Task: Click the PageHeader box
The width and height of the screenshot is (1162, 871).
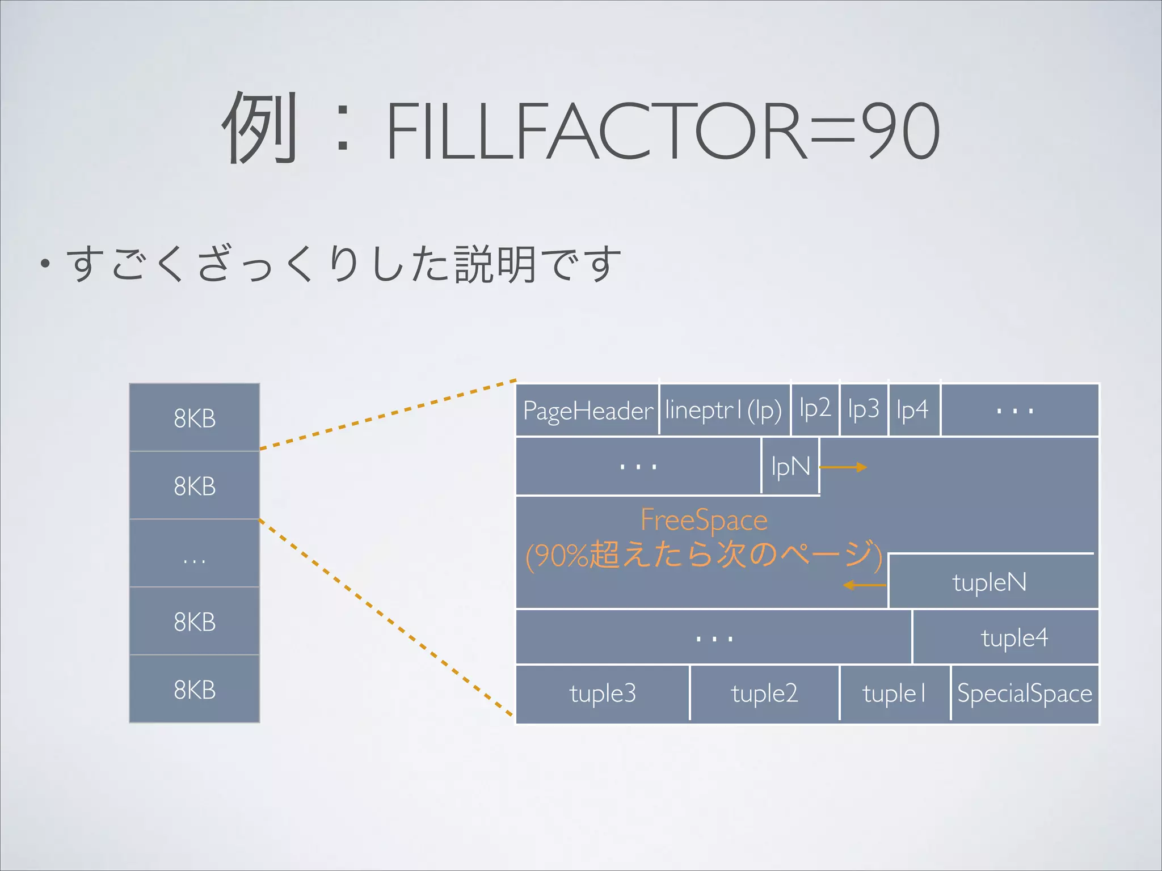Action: (587, 410)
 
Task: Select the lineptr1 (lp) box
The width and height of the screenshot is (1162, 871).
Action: (725, 410)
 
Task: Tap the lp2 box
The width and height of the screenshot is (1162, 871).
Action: (815, 409)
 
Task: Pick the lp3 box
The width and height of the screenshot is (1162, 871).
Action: (864, 409)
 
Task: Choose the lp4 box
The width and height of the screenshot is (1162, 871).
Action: (913, 409)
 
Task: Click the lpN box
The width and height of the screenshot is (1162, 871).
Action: (790, 467)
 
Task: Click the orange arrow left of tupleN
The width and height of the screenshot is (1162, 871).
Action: (864, 585)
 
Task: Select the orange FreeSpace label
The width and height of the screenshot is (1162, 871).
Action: (704, 520)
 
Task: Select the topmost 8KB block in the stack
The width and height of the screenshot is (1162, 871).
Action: (195, 418)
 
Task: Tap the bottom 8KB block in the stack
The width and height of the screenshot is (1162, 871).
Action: (195, 689)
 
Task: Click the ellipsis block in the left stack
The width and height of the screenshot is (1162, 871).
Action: (195, 553)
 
